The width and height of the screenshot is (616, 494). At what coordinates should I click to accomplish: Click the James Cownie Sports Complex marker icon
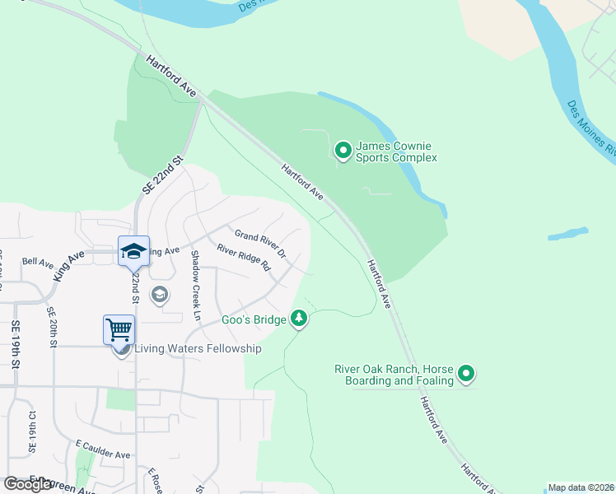(x=343, y=150)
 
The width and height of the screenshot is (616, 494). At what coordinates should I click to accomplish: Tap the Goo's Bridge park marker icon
(x=299, y=319)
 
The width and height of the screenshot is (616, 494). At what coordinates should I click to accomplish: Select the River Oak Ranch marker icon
(x=466, y=375)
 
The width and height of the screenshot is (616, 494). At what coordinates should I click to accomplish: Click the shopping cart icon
(x=119, y=330)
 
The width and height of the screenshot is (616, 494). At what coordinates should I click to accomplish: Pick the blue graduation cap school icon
(x=133, y=251)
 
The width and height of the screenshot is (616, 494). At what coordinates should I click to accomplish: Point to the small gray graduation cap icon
(x=159, y=295)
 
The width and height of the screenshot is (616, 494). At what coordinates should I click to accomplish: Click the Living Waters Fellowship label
(x=198, y=348)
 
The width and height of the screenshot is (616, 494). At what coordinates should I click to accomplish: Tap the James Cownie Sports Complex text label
(x=396, y=151)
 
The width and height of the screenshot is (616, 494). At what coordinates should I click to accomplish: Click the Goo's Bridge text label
(x=254, y=319)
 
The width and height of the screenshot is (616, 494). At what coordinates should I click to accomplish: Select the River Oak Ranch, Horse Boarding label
(x=394, y=375)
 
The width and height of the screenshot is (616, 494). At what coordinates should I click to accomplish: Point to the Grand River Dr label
(x=259, y=241)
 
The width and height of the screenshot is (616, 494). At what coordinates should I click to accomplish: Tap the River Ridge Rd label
(x=244, y=258)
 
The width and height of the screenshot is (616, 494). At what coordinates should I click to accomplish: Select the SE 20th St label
(x=51, y=326)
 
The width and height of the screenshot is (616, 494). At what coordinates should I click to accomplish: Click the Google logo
(x=29, y=484)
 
